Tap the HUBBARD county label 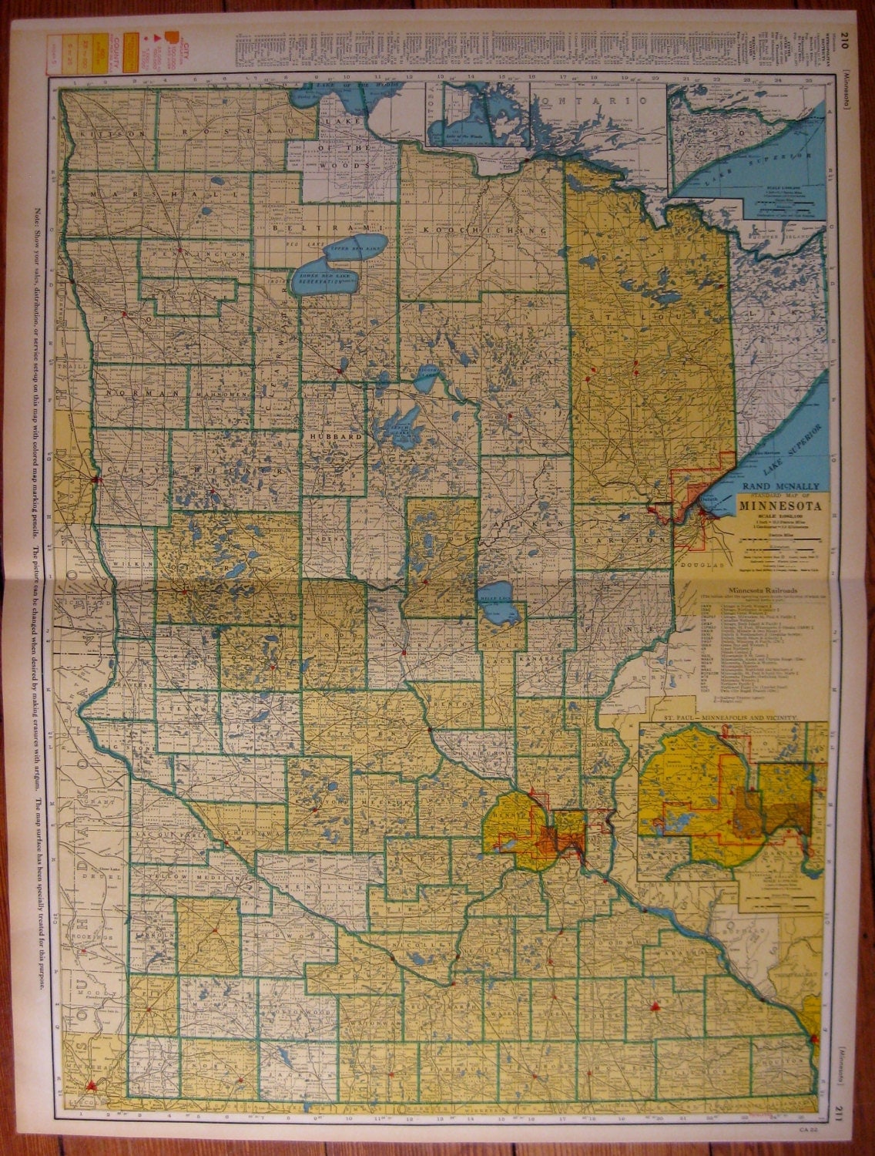pyautogui.click(x=335, y=436)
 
